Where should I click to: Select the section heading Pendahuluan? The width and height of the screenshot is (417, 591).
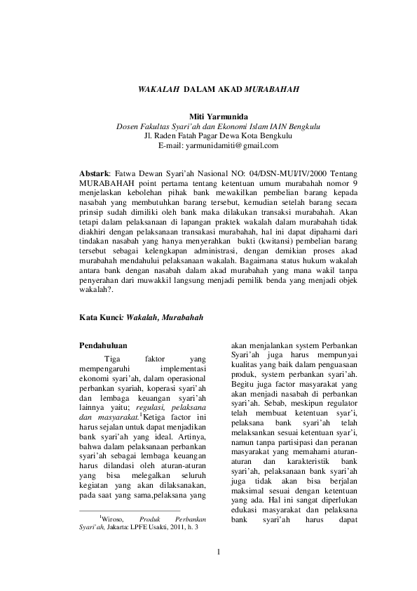(x=107, y=346)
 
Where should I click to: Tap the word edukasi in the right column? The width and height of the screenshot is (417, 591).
(x=247, y=503)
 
